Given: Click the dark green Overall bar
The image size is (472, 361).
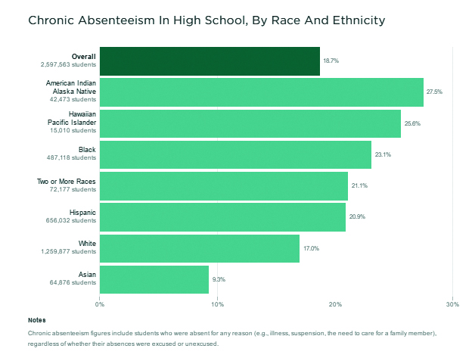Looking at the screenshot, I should click(x=210, y=61).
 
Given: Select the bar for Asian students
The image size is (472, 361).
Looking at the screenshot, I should click(x=154, y=279).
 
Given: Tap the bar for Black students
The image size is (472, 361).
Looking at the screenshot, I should click(x=235, y=154).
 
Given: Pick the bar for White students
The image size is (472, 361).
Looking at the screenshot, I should click(x=200, y=248).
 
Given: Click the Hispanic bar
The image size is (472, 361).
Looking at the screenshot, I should click(x=222, y=217).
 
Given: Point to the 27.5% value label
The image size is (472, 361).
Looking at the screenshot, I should click(x=434, y=92).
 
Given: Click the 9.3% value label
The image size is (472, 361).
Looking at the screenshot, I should click(x=219, y=279).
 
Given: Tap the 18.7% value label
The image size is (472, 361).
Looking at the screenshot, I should click(x=331, y=61).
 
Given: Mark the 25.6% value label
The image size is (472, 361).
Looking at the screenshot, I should click(x=412, y=123).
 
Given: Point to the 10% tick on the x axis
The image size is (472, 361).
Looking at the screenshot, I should click(x=217, y=305).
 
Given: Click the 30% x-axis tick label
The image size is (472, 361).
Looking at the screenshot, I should click(x=452, y=305).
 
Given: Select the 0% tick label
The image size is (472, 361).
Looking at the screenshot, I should click(x=100, y=305).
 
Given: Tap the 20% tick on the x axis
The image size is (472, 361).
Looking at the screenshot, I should click(x=335, y=305).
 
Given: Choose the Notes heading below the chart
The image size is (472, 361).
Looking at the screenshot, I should click(x=36, y=320).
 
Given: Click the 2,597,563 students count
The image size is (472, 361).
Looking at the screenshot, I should click(x=68, y=65).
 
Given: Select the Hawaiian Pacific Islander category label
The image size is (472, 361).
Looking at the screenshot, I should click(x=72, y=118).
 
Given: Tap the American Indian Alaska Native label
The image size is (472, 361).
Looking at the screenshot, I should click(x=70, y=86).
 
